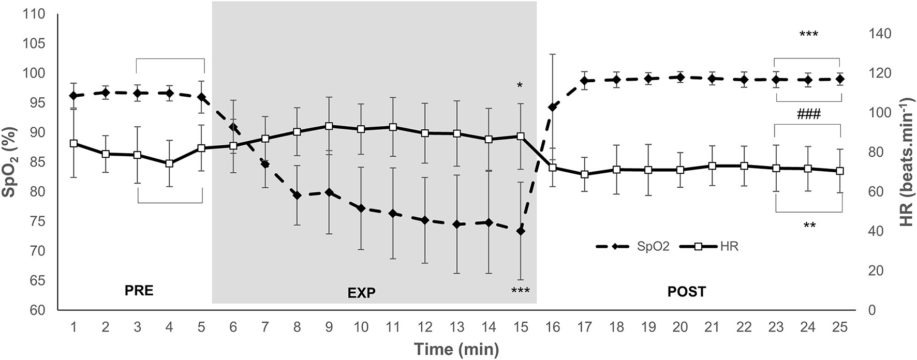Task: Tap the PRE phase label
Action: click(x=139, y=291)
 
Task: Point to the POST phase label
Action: click(x=686, y=292)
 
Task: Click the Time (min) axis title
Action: click(x=456, y=349)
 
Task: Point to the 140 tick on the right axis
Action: click(x=880, y=34)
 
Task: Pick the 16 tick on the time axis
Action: click(x=552, y=327)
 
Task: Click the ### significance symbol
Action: click(x=809, y=113)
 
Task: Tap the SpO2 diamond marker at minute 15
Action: click(x=521, y=231)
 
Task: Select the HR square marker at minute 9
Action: click(x=329, y=126)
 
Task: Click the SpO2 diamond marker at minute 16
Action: click(x=552, y=107)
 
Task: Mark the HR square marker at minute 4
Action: click(x=169, y=163)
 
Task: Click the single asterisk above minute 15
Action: click(x=520, y=85)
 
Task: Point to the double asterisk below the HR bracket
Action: click(x=809, y=225)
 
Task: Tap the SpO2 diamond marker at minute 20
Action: click(x=680, y=78)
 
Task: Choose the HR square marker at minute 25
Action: click(x=840, y=171)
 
